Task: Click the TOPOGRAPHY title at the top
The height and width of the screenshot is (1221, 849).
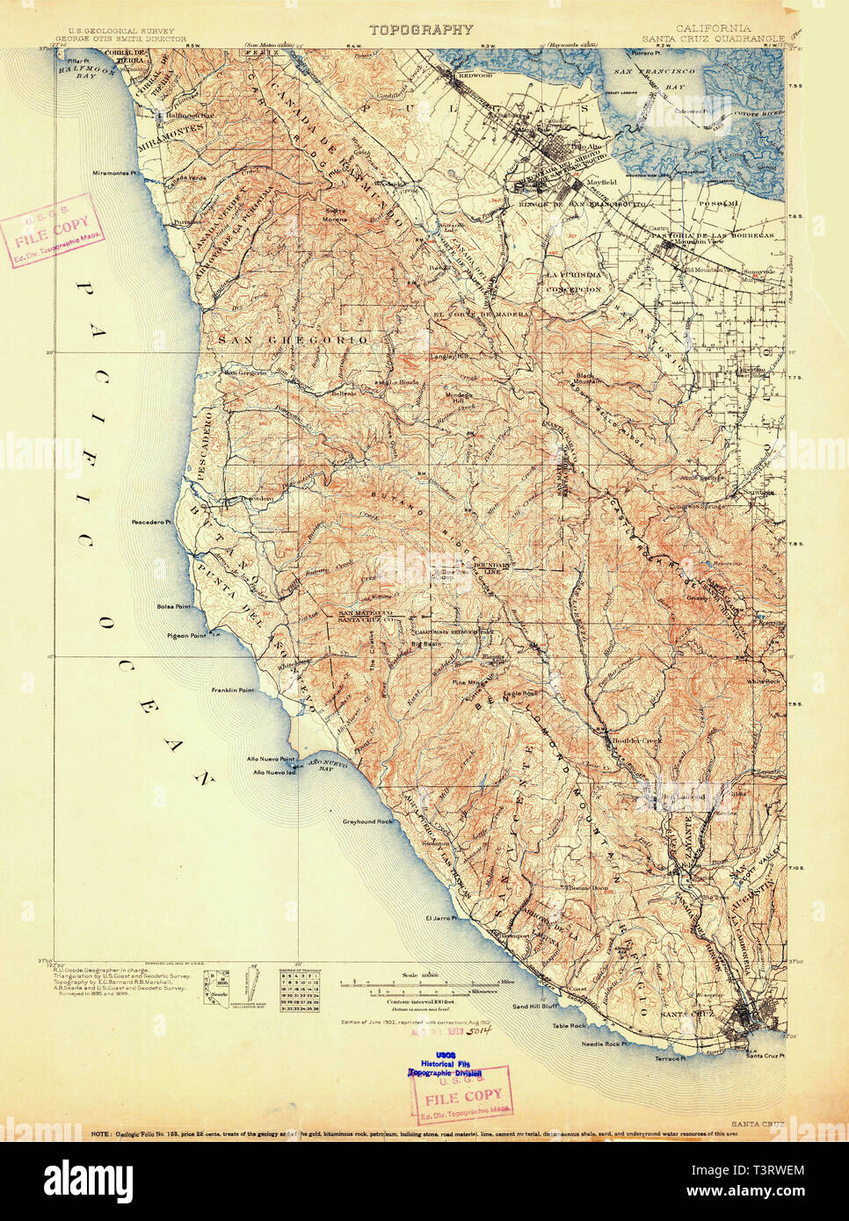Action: [421, 30]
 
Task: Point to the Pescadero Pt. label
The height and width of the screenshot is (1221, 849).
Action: [156, 522]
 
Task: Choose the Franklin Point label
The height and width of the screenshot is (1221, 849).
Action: [232, 690]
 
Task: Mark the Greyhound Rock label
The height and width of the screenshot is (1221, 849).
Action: [367, 821]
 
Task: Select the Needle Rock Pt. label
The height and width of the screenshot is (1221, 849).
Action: [604, 1044]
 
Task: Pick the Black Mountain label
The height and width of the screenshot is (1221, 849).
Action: [588, 378]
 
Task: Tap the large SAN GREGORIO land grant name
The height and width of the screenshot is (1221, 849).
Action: [293, 339]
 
